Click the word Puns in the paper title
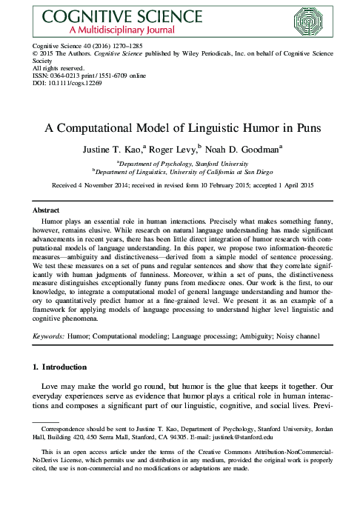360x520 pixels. pos(284,127)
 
